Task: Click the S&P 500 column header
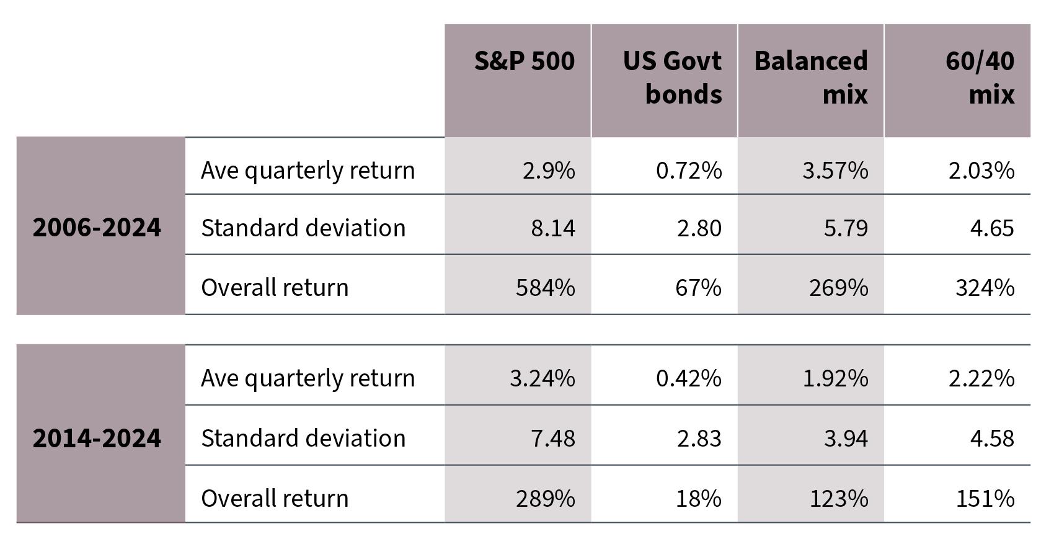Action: click(x=524, y=61)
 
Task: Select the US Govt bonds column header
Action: click(x=672, y=78)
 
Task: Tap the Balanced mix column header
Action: click(x=811, y=78)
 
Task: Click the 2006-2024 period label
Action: click(x=97, y=228)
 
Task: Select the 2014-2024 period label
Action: click(x=97, y=439)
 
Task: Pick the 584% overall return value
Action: click(x=545, y=288)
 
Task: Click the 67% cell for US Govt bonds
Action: click(x=698, y=288)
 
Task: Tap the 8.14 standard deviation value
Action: click(x=552, y=228)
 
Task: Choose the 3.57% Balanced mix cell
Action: click(x=835, y=171)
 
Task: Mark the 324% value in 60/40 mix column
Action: click(x=985, y=288)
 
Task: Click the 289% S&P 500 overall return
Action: click(x=545, y=499)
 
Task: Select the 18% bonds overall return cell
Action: click(x=698, y=499)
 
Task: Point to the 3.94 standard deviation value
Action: click(x=846, y=439)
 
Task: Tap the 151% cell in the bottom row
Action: click(x=985, y=499)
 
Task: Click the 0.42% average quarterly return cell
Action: click(x=688, y=378)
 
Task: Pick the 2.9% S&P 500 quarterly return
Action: click(x=549, y=171)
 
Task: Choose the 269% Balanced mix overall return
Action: click(x=838, y=288)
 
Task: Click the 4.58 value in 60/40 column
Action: click(x=992, y=439)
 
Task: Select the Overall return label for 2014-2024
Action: click(x=275, y=499)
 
